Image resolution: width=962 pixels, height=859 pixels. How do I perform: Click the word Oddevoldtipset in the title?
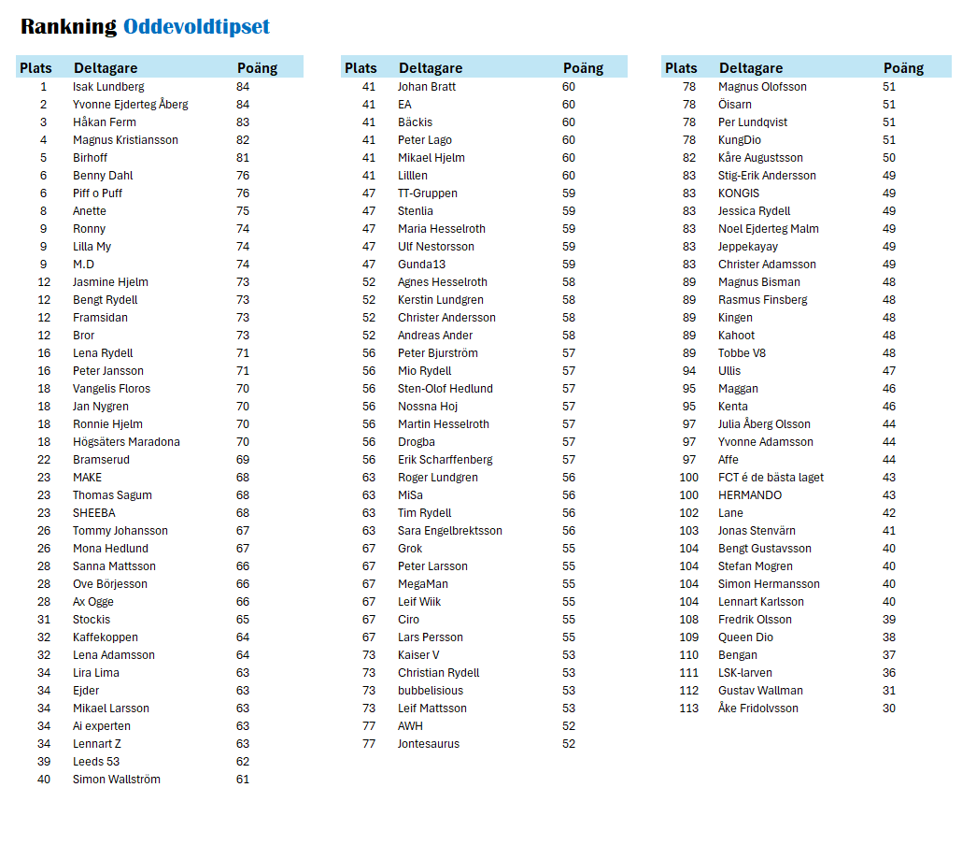(x=196, y=27)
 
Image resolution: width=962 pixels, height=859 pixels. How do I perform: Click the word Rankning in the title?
(x=68, y=27)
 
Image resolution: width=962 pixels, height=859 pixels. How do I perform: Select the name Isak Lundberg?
(x=108, y=87)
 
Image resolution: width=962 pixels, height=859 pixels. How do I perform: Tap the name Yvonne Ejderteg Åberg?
(x=130, y=105)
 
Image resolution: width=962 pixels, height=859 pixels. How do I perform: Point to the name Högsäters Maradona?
(x=126, y=442)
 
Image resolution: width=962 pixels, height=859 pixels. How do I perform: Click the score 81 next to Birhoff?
(x=243, y=158)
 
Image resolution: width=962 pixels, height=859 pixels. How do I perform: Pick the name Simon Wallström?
(x=116, y=780)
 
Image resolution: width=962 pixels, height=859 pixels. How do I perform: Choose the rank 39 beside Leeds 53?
(x=44, y=762)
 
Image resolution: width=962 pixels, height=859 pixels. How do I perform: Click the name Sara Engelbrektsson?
(x=449, y=531)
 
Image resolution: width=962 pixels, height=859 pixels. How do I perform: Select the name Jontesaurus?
(x=429, y=744)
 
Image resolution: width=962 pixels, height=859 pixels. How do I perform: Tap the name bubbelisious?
(x=430, y=691)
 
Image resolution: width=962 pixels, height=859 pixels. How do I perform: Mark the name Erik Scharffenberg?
(x=445, y=460)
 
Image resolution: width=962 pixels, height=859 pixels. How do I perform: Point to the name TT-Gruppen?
(x=428, y=193)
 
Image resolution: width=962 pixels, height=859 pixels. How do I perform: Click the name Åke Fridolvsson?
(x=758, y=709)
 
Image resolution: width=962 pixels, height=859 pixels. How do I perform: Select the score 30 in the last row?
(x=889, y=709)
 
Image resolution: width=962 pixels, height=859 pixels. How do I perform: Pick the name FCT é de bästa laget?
(x=771, y=478)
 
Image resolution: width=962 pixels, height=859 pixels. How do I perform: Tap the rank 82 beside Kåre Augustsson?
(x=689, y=158)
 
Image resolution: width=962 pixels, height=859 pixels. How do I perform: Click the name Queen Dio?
(x=745, y=637)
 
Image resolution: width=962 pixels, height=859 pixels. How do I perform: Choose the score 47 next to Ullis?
(x=889, y=371)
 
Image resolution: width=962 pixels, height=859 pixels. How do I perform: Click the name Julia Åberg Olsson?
(x=764, y=424)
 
